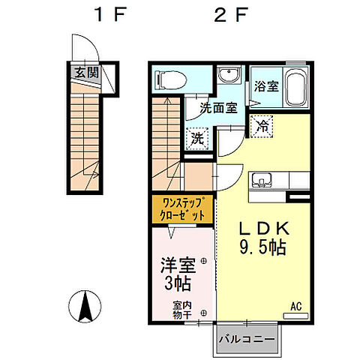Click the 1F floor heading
[109, 14]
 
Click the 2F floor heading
[231, 14]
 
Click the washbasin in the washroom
[229, 74]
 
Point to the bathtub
[295, 87]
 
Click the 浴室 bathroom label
[266, 86]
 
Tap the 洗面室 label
[218, 108]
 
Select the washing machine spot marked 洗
[197, 139]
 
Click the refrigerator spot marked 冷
[262, 126]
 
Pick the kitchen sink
[262, 180]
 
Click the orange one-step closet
[182, 210]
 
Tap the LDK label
[264, 228]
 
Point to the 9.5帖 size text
[262, 247]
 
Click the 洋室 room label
[178, 265]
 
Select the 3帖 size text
[178, 283]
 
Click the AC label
[296, 306]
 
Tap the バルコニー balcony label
[247, 339]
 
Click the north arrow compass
[85, 307]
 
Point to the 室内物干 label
[182, 310]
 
